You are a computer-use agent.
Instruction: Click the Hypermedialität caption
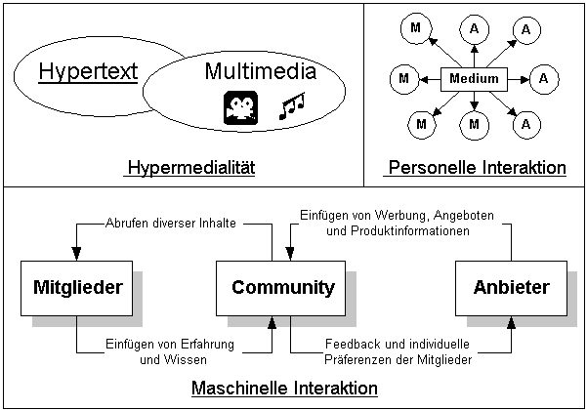(189, 168)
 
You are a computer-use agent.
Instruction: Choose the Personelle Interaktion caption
(477, 168)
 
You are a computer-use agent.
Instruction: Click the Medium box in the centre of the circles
(475, 79)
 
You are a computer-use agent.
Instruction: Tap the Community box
(282, 288)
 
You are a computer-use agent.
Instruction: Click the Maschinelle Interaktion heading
(284, 389)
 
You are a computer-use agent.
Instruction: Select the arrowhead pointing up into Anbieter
(509, 322)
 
